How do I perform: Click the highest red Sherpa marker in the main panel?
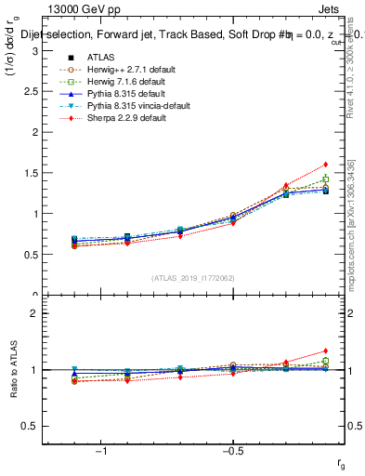tap(325, 165)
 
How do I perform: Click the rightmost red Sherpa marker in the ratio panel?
tap(325, 350)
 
